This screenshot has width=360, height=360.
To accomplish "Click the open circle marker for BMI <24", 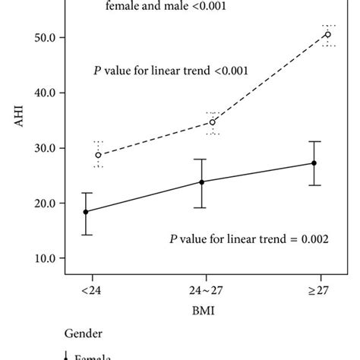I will (x=98, y=155).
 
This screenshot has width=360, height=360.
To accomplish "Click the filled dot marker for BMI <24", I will (x=86, y=212).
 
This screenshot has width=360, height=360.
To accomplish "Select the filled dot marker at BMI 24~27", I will (x=201, y=182).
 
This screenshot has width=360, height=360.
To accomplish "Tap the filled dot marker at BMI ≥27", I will (x=314, y=163).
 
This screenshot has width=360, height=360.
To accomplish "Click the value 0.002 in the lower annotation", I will (x=312, y=239).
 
